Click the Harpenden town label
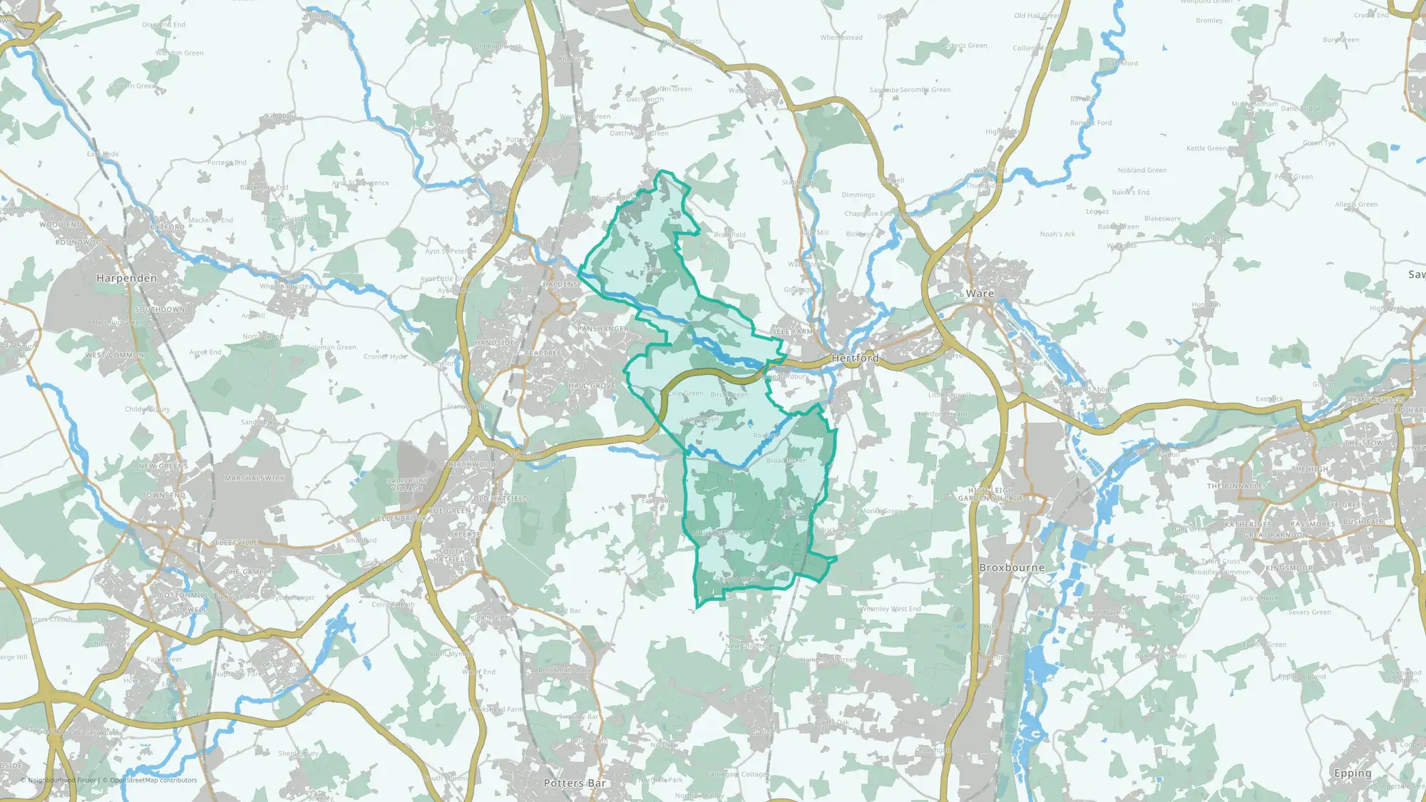coord(126,278)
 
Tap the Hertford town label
coord(855,358)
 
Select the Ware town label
coord(980,294)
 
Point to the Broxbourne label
coord(1012,568)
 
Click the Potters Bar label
coord(575,783)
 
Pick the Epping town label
coord(1353,773)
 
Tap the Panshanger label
coord(603,329)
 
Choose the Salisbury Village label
coord(407,485)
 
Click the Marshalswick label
coord(255,478)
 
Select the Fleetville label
coord(236,543)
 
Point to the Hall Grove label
coord(592,386)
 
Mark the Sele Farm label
coord(792,331)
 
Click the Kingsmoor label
coord(1289,568)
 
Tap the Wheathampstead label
coord(289,287)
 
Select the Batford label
coord(168,227)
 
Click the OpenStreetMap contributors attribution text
coord(153,780)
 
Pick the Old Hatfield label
coord(501,499)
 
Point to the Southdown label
coord(160,309)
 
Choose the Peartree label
coord(543,353)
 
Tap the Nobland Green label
coord(1142,170)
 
